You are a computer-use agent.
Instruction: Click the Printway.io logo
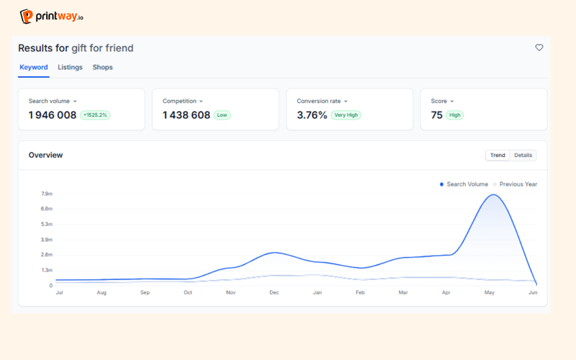coord(51,16)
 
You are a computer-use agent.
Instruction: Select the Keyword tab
coord(33,67)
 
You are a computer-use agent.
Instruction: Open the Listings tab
coord(70,67)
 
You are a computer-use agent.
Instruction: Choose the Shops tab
coord(102,67)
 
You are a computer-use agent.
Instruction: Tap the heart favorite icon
coord(539,48)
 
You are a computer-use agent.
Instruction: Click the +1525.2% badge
coord(95,115)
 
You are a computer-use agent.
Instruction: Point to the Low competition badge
coord(222,115)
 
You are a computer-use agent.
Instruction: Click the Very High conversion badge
coord(346,115)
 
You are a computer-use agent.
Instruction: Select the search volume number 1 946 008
coord(53,115)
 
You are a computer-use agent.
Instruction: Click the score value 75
coord(436,115)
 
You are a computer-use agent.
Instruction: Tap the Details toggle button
coord(523,155)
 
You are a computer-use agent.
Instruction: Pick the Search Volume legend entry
coord(464,184)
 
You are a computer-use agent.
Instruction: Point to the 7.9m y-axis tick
coord(47,194)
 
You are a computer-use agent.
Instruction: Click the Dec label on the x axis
coord(274,292)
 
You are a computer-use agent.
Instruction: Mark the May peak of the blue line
coord(493,194)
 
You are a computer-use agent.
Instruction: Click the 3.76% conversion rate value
coord(312,115)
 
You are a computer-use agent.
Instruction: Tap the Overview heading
coord(45,155)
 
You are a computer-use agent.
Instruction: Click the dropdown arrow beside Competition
coord(201,102)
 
